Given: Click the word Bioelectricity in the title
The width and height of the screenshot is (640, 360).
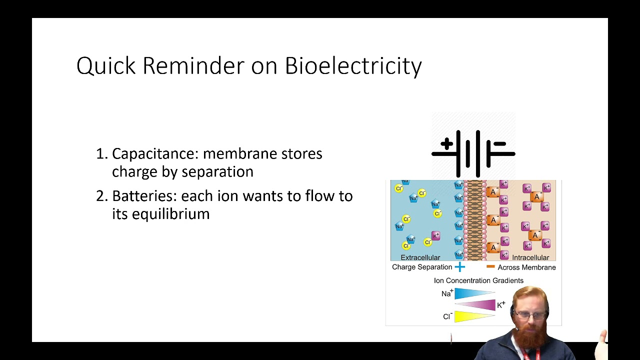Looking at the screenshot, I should coord(353,66).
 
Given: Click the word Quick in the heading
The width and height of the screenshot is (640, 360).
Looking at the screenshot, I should coord(105,66).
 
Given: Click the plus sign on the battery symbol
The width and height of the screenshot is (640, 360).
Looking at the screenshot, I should coord(446,144).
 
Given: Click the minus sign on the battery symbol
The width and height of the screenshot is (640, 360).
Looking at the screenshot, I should coord(499,144).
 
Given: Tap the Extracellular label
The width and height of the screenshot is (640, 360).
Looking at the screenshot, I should coord(420,257).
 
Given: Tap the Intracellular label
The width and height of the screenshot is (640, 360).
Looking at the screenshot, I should coord(530,257).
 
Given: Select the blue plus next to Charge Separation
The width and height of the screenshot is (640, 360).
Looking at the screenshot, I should coord(459,267).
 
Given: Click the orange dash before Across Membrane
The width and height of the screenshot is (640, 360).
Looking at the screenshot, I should coord(490,267).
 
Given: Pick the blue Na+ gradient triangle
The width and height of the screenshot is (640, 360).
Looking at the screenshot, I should coord(472,293).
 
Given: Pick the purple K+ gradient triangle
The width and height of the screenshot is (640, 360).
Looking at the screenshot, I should coord(477,304).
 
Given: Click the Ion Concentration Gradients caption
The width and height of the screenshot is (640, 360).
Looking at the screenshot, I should coord(478,280).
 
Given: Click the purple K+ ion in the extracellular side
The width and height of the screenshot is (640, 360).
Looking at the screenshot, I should coord(435,235).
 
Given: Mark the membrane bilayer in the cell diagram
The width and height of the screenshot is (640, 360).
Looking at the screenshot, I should coord(474,220).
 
